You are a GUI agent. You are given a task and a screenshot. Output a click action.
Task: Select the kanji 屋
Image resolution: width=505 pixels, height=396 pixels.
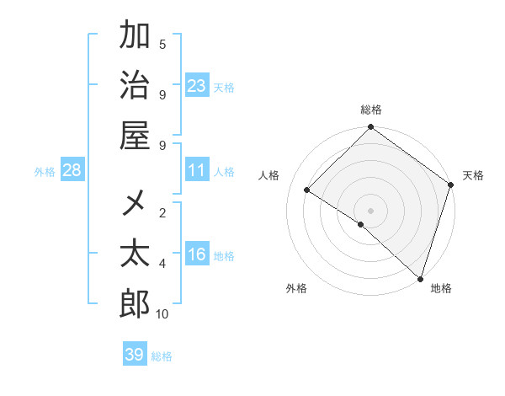click(135, 135)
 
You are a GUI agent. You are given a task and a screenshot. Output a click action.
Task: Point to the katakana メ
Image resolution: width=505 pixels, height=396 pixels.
click(135, 203)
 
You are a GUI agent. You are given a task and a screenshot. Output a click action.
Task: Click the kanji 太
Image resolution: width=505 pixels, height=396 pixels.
click(135, 254)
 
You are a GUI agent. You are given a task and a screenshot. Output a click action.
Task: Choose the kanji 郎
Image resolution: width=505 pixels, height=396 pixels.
click(135, 303)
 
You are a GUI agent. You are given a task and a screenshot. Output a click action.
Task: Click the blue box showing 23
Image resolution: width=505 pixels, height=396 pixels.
click(197, 85)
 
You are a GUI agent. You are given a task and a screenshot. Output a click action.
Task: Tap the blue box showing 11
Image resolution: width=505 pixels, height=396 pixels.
click(197, 171)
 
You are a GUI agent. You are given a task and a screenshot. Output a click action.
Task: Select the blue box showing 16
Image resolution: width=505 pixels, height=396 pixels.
click(197, 255)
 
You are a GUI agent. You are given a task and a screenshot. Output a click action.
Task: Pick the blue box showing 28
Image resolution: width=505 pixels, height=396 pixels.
click(72, 171)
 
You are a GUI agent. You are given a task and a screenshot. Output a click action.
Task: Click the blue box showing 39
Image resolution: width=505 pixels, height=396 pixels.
click(135, 355)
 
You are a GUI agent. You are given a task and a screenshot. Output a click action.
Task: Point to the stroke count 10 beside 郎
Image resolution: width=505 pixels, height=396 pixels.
click(162, 314)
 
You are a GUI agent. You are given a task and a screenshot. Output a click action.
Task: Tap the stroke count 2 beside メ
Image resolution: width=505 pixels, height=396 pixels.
click(162, 213)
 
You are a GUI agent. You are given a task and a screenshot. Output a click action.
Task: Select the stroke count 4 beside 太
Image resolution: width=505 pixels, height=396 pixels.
click(162, 264)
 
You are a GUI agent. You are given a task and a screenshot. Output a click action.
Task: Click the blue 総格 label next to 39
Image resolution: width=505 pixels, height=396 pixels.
click(162, 356)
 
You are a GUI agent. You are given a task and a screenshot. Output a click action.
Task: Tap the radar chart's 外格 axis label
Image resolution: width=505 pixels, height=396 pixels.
click(296, 288)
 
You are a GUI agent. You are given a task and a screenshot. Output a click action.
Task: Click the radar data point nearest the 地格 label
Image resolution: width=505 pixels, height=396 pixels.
click(420, 278)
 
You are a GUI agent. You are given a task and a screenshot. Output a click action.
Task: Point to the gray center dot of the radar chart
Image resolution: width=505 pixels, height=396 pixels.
click(370, 210)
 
